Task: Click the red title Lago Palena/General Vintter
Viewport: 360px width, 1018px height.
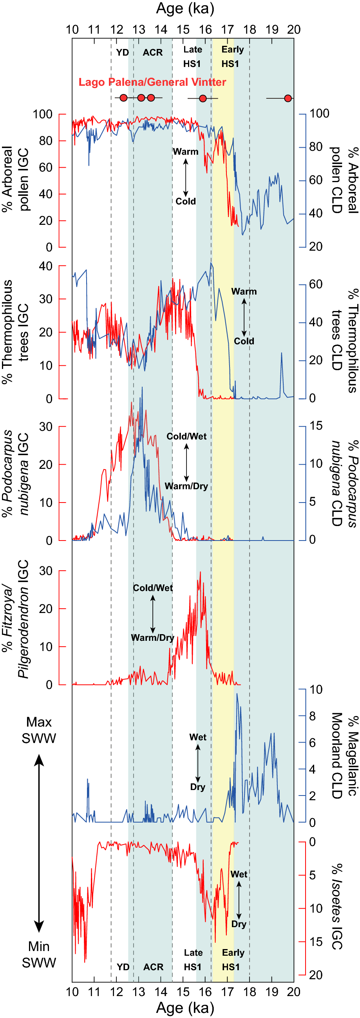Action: point(152,82)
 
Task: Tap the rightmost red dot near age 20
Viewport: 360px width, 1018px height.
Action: point(288,98)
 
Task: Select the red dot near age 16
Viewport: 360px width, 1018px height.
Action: point(203,98)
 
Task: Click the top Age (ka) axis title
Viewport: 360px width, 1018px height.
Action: point(185,8)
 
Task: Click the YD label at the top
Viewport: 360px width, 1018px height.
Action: point(123,52)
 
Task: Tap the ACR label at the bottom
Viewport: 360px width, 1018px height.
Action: point(153,967)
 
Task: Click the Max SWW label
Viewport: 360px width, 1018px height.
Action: point(39,730)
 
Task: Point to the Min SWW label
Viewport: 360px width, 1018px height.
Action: point(39,955)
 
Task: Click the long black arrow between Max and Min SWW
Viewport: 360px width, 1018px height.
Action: point(39,842)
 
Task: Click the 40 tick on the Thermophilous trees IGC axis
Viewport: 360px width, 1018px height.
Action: point(46,266)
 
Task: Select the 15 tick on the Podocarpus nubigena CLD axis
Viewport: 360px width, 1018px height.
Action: point(316,426)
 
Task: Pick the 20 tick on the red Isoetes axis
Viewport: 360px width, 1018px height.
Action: point(316,975)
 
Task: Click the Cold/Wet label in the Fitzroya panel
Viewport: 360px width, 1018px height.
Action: point(152,588)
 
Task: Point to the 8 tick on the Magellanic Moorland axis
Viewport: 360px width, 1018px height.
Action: point(312,716)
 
